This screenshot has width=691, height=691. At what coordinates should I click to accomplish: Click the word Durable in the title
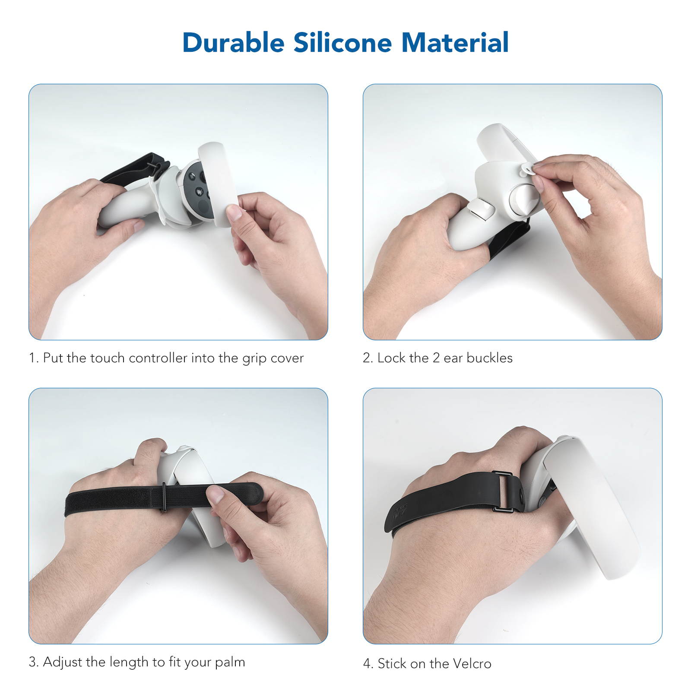[x=233, y=43]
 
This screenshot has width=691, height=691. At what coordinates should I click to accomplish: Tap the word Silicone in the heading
[x=342, y=43]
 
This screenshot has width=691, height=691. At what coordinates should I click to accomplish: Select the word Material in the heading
[x=455, y=43]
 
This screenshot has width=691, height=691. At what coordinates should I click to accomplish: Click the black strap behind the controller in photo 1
[x=130, y=168]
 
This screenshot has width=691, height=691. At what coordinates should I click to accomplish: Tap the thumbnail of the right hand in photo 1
[x=235, y=213]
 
